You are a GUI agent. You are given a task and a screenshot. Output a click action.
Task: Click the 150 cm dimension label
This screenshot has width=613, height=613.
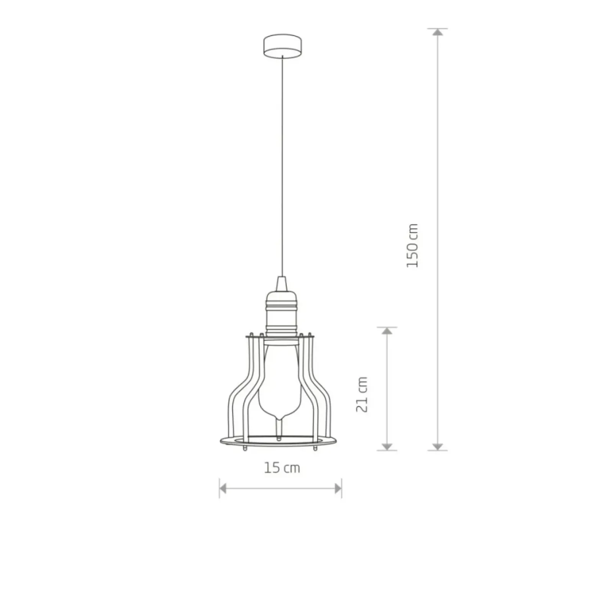[x=412, y=246]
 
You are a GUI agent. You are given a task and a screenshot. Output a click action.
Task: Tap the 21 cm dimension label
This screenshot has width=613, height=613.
[x=362, y=394]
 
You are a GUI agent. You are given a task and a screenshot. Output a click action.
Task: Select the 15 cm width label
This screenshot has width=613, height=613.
[x=282, y=468]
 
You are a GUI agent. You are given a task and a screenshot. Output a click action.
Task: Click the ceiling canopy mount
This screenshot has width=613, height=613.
[x=282, y=46]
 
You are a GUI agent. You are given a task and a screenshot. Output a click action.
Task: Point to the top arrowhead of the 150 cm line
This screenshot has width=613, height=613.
[x=438, y=32]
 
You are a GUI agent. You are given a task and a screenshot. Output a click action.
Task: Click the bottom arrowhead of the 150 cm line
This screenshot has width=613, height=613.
[x=438, y=446]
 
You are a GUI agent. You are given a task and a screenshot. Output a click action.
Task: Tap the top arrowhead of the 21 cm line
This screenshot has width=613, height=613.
[x=387, y=331]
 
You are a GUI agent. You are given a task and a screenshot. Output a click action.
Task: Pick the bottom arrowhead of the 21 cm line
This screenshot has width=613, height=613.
[x=387, y=446]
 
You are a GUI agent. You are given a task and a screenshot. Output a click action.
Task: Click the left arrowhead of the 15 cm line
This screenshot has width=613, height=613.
[x=223, y=488]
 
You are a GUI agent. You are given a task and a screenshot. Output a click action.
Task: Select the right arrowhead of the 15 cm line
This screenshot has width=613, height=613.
[x=338, y=488]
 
